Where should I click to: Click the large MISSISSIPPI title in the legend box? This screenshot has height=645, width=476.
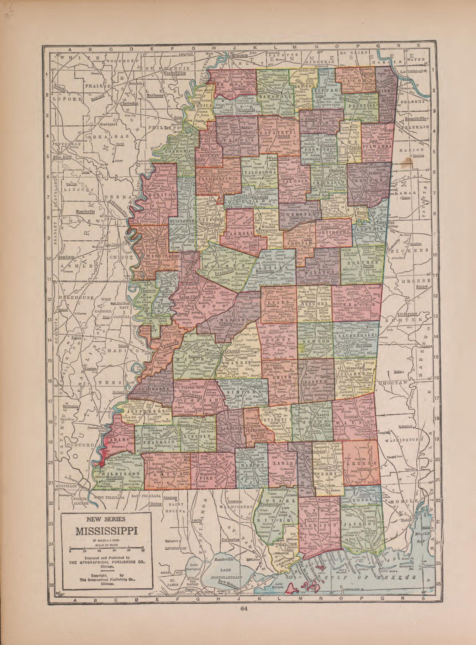coord(106,531)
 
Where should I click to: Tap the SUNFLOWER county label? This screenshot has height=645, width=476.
coord(181,221)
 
